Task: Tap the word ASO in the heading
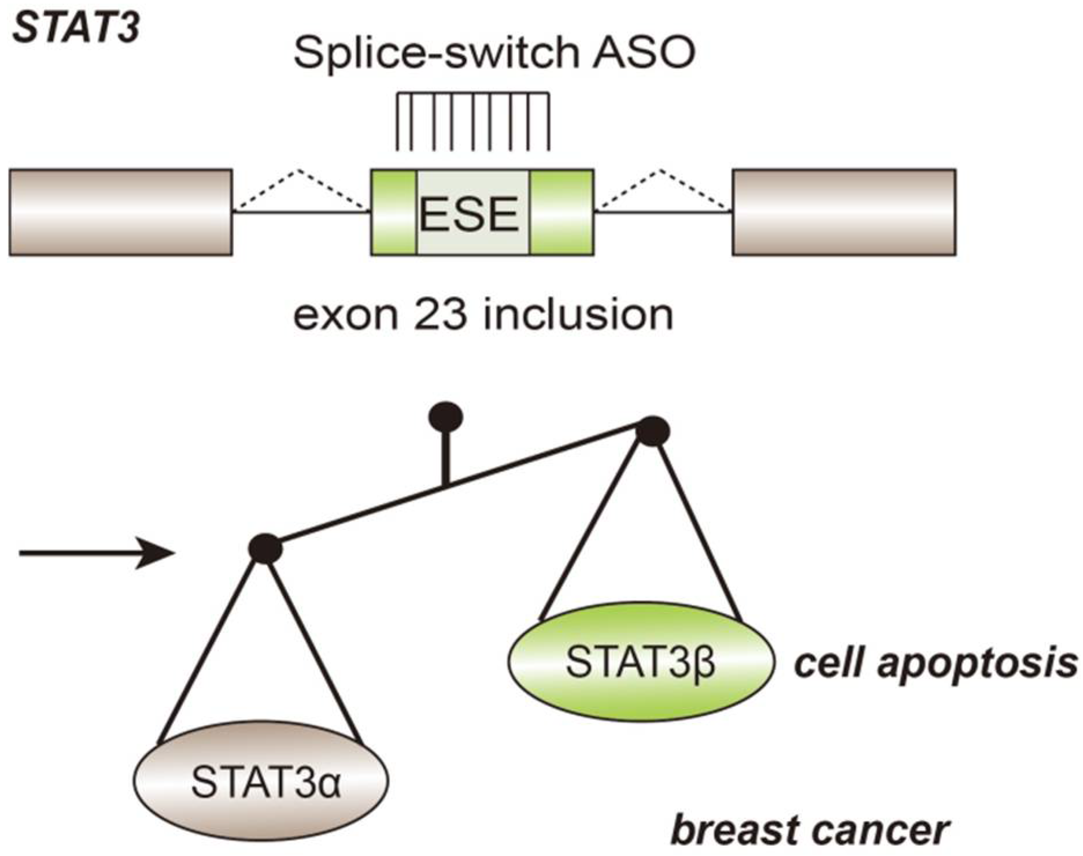pos(644,53)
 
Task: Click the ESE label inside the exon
pos(469,214)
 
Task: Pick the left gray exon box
pos(121,212)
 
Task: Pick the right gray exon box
pos(844,212)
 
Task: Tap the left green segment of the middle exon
pos(393,212)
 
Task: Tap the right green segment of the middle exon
pos(561,212)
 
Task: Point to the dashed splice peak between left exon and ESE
pos(298,171)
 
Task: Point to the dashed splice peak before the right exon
pos(661,171)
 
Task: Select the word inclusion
pos(578,315)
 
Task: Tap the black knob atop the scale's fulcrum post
pos(446,416)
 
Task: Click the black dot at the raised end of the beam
pos(653,431)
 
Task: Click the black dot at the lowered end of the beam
pos(265,548)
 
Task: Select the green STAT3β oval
pos(641,662)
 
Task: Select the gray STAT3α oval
pos(261,780)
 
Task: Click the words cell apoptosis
pos(935,664)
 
